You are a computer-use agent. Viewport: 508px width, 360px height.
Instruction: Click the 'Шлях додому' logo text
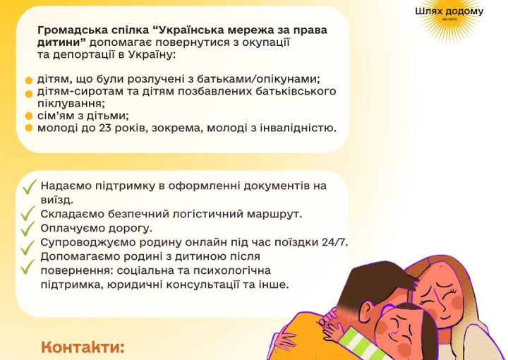click(449, 12)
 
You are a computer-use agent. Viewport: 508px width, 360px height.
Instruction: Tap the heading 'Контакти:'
click(83, 347)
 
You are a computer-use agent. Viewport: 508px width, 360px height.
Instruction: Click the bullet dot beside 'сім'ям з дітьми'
click(29, 116)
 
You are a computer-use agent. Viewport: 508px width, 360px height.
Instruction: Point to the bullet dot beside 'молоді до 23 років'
click(29, 128)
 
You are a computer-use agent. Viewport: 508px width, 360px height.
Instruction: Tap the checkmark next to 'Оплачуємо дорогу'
click(28, 229)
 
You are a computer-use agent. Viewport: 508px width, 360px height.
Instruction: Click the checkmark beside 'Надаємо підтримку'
click(29, 187)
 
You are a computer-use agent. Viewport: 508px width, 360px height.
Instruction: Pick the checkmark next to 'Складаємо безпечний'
click(28, 214)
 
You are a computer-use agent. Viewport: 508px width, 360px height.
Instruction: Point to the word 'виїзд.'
click(57, 200)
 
